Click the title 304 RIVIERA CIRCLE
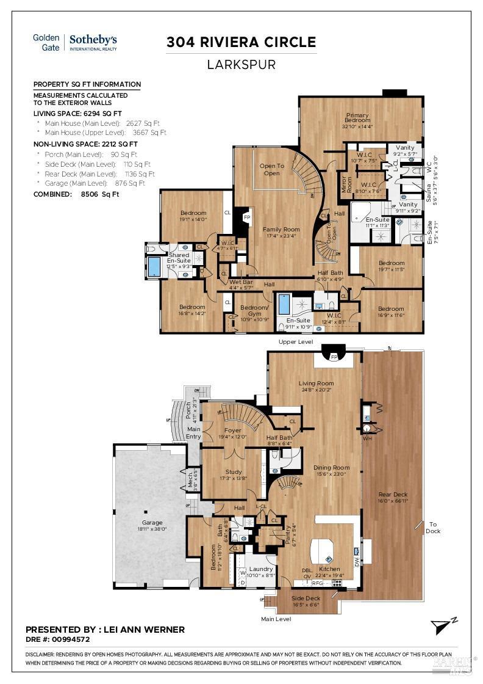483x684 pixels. click(241, 42)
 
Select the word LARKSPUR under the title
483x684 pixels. click(241, 64)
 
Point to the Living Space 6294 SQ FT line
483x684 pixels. click(77, 114)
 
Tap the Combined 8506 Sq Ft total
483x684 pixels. click(76, 194)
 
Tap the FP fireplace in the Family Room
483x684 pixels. click(247, 217)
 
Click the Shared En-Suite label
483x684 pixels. click(179, 258)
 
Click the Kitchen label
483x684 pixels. click(329, 569)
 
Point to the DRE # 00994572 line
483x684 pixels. click(58, 640)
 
